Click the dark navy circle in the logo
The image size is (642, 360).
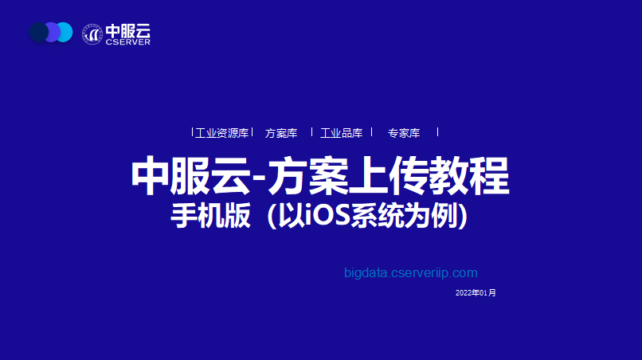pyautogui.click(x=38, y=32)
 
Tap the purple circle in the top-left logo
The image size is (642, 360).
pyautogui.click(x=53, y=32)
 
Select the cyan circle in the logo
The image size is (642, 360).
pyautogui.click(x=65, y=32)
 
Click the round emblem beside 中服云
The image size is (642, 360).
pyautogui.click(x=92, y=34)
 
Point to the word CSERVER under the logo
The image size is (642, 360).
pyautogui.click(x=127, y=41)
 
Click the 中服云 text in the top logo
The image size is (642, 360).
pyautogui.click(x=127, y=31)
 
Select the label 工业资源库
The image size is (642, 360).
pyautogui.click(x=222, y=133)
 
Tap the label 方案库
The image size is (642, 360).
pyautogui.click(x=281, y=133)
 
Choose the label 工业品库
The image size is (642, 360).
pyautogui.click(x=342, y=133)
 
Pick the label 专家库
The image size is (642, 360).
pyautogui.click(x=404, y=133)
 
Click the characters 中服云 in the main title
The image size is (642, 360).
pyautogui.click(x=190, y=176)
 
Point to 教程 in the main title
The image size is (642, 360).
pyautogui.click(x=469, y=176)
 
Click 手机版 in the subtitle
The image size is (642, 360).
pyautogui.click(x=210, y=215)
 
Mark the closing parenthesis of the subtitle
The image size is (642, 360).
pyautogui.click(x=463, y=216)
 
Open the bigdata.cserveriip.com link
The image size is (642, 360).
pyautogui.click(x=411, y=272)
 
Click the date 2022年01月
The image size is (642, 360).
pyautogui.click(x=476, y=293)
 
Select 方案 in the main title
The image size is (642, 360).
pyautogui.click(x=308, y=176)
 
